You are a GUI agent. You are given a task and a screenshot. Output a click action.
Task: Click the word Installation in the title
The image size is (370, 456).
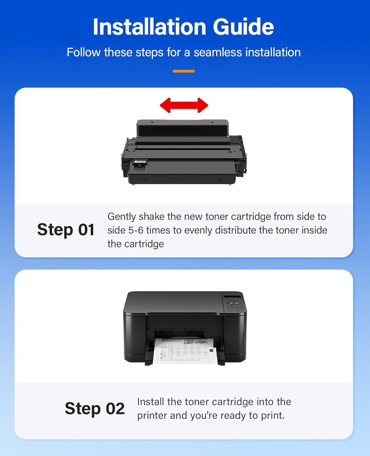click(x=150, y=27)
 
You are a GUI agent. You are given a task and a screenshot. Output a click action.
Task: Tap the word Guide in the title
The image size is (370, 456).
click(x=244, y=27)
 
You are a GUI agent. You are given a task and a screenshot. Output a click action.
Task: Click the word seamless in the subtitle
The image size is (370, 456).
click(x=218, y=52)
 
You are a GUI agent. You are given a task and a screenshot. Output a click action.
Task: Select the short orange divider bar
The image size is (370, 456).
click(x=183, y=71)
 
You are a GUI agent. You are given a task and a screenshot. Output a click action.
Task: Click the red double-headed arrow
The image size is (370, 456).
click(x=184, y=105)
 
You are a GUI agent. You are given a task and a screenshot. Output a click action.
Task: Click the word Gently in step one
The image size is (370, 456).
click(x=121, y=217)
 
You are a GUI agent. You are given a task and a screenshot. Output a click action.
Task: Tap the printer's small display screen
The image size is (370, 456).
click(x=232, y=297)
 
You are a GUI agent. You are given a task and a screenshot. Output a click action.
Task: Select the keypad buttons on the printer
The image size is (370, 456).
click(x=235, y=308)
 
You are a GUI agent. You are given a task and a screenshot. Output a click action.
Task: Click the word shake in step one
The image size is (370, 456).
click(x=152, y=217)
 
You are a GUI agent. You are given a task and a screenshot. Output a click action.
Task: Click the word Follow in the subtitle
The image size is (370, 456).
click(x=84, y=52)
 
